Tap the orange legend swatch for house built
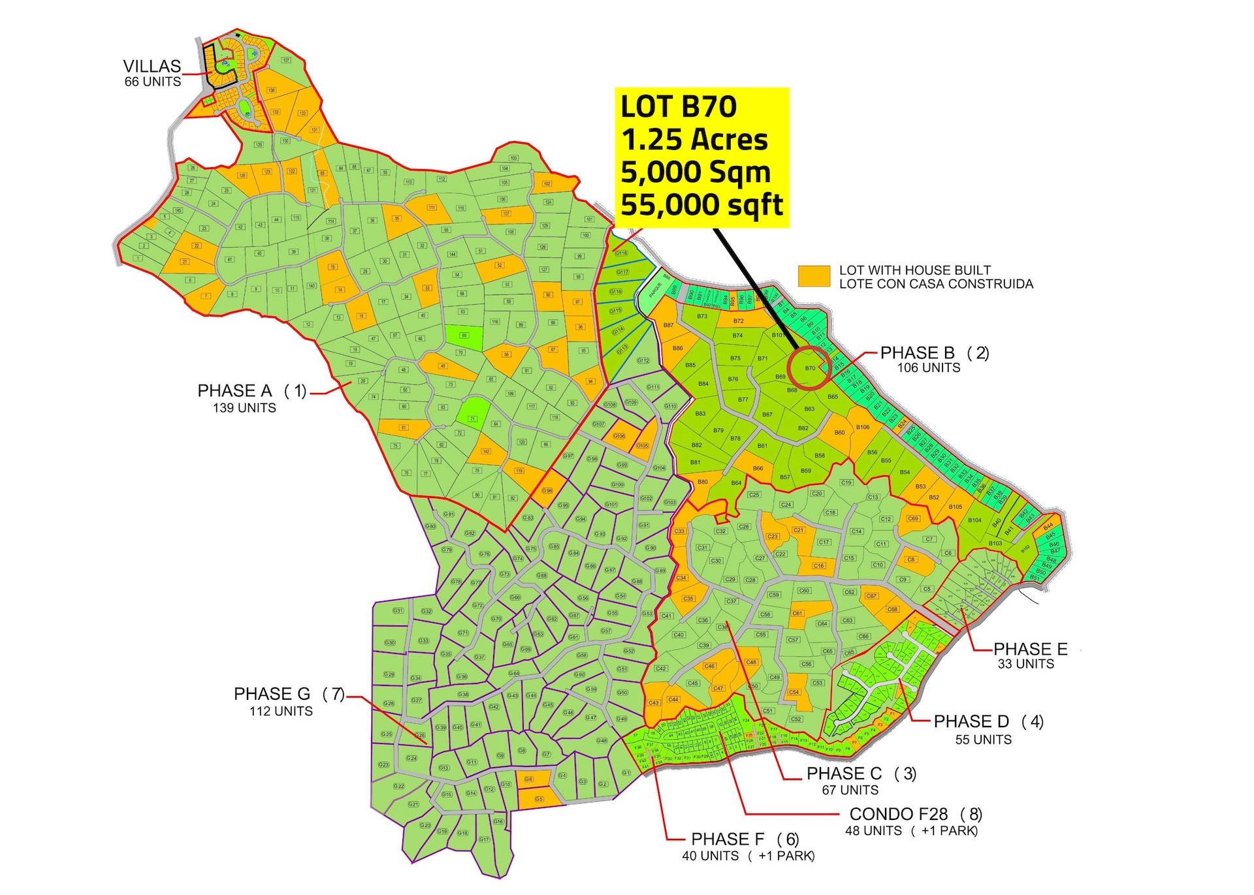click(x=814, y=276)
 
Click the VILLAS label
click(x=152, y=67)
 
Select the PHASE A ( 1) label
click(x=251, y=391)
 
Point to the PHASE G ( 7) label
click(x=289, y=694)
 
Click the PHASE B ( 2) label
click(x=934, y=353)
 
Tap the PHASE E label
click(x=1030, y=649)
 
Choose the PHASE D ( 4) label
click(x=988, y=721)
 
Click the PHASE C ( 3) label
click(x=861, y=774)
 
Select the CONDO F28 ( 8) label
click(x=915, y=814)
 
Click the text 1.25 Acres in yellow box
click(x=694, y=140)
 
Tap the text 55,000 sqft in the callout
click(x=701, y=205)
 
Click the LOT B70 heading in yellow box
click(x=679, y=107)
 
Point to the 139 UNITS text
click(x=244, y=408)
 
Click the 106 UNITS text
click(x=928, y=368)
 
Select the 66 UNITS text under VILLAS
click(x=153, y=82)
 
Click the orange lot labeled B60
click(x=839, y=433)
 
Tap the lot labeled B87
click(x=668, y=325)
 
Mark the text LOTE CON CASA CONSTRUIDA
click(x=936, y=284)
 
